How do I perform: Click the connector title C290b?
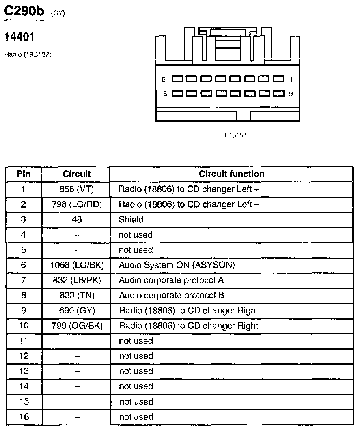(x=24, y=11)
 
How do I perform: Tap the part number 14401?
(x=19, y=37)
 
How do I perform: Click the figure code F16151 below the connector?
(x=235, y=135)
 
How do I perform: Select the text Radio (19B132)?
(x=28, y=54)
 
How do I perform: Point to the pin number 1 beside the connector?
(x=291, y=79)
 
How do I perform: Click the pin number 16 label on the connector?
(x=164, y=94)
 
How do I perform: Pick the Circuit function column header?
(x=232, y=174)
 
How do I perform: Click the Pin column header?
(x=23, y=174)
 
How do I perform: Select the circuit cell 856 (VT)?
(x=76, y=189)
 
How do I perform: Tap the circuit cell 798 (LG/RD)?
(x=77, y=204)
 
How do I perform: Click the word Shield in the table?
(x=131, y=219)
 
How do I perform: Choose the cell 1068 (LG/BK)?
(x=77, y=265)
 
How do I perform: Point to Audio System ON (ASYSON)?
(x=177, y=265)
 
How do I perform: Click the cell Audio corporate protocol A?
(x=171, y=280)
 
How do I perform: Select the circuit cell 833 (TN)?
(x=77, y=296)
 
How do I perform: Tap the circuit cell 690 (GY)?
(x=77, y=311)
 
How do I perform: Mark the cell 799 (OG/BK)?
(x=77, y=326)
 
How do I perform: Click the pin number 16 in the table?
(x=24, y=417)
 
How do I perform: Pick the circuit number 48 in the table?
(x=77, y=219)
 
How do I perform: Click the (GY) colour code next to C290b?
(x=58, y=13)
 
